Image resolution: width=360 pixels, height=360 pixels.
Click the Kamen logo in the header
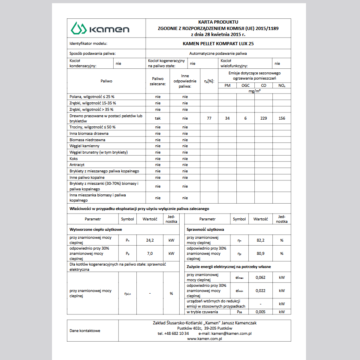(100, 29)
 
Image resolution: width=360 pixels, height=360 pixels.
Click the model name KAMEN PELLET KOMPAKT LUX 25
(218, 43)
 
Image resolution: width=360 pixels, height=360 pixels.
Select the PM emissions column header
(227, 86)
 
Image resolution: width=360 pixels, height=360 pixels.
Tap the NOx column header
(282, 86)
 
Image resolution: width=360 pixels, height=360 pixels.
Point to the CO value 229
(264, 118)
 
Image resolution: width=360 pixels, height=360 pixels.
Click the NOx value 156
(282, 118)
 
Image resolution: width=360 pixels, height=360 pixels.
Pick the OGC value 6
(245, 118)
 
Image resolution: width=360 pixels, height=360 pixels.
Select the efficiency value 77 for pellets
(209, 118)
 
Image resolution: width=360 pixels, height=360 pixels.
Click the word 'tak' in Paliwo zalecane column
(158, 118)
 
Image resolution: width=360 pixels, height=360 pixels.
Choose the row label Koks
(74, 158)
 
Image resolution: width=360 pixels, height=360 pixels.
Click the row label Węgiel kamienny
(84, 146)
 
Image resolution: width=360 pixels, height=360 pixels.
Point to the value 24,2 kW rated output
(150, 241)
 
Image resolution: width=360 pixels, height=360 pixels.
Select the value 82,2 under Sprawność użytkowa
(260, 241)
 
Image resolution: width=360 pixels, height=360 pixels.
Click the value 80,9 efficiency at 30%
(260, 254)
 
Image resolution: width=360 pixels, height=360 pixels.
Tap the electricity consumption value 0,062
(260, 278)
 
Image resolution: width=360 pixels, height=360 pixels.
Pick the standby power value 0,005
(260, 312)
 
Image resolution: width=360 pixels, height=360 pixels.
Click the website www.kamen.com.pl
(204, 339)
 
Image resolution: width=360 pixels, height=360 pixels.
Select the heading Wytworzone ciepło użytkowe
(96, 230)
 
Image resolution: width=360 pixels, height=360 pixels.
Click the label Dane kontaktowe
(85, 331)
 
